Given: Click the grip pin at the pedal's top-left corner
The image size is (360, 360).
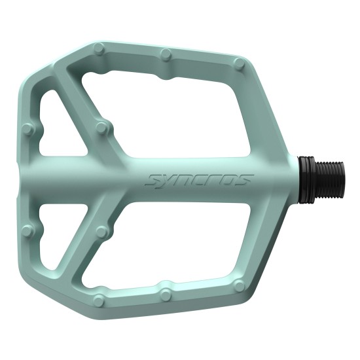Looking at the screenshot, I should tap(99, 48).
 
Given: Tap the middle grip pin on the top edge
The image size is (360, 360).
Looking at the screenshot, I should tap(166, 54).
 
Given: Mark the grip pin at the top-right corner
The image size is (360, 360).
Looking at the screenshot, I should tap(240, 64).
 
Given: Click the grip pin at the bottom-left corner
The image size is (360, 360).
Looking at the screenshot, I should tap(98, 300).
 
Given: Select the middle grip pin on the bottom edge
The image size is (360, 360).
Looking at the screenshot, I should tap(166, 295).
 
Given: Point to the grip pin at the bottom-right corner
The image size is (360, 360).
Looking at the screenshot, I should tap(240, 285).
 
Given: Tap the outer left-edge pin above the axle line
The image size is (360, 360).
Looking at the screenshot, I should tap(27, 129).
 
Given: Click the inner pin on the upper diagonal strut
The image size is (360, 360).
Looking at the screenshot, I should tap(101, 128).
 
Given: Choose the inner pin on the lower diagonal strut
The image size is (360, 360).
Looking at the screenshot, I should tap(101, 232).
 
